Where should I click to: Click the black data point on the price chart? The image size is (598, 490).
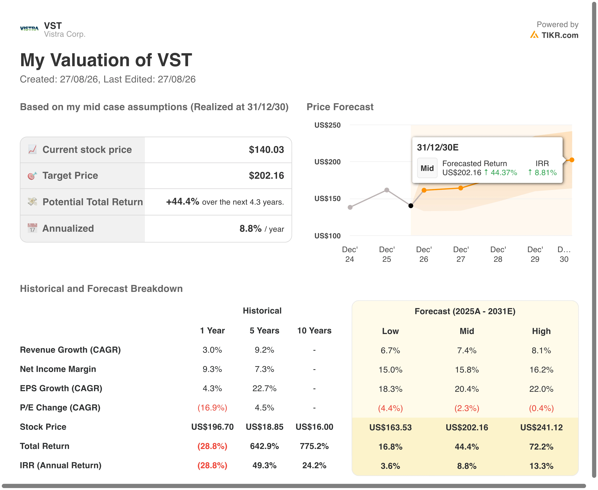[411, 206]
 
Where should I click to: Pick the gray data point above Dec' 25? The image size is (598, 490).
[387, 190]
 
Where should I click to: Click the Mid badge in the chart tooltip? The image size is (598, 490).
[427, 168]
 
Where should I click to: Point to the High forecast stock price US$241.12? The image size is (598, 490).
[541, 427]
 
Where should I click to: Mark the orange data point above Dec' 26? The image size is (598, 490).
[424, 190]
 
